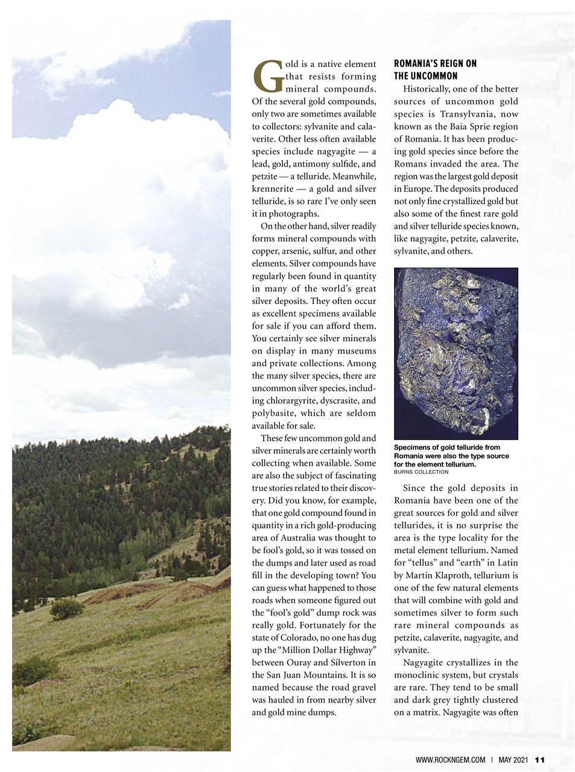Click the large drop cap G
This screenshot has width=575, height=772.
265,78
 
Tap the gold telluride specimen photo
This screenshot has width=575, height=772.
456,353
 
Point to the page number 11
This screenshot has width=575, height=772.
540,760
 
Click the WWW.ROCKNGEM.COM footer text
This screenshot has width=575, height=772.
450,760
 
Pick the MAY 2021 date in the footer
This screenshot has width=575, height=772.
513,760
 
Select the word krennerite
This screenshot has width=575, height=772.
272,189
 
